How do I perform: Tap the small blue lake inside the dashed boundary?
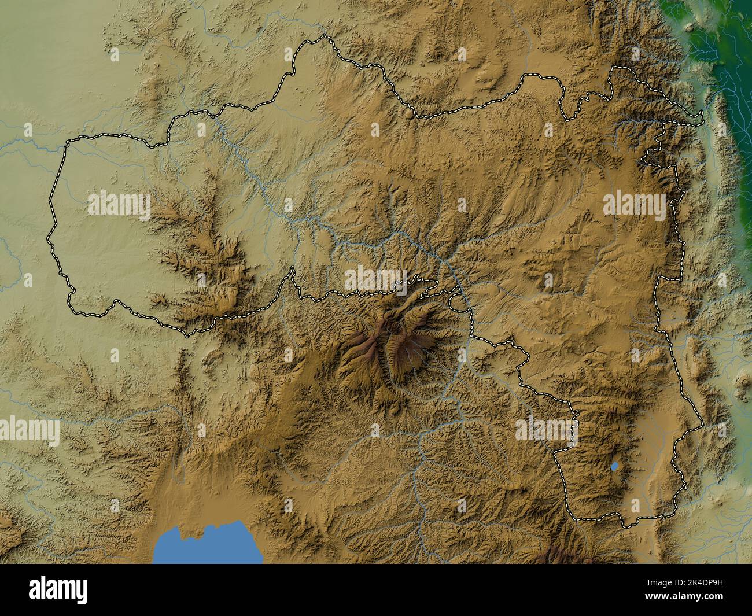coord(615,466)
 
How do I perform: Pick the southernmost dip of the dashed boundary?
coord(628,528)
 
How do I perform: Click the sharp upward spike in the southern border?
coord(293,267)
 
